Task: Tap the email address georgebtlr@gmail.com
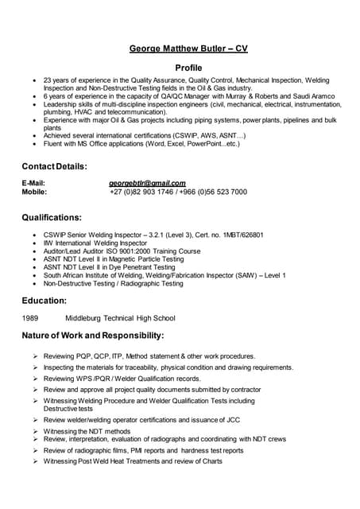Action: coord(147,183)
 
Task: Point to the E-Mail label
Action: coord(33,183)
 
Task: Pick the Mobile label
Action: coord(34,192)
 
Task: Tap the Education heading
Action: coord(44,301)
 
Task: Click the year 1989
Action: coord(30,318)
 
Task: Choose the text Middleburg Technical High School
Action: coord(120,318)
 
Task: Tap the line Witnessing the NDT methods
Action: coord(87,430)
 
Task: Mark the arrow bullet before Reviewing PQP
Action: coord(36,356)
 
